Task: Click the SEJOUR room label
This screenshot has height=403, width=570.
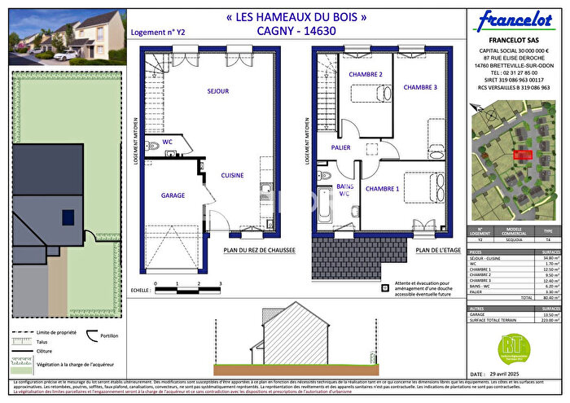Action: [x=217, y=91]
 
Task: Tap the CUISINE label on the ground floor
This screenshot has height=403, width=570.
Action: [x=232, y=175]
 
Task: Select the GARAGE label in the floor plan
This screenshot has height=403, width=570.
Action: [x=173, y=195]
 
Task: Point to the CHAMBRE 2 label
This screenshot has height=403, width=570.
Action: [x=366, y=75]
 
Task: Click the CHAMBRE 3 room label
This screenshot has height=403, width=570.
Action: [x=420, y=88]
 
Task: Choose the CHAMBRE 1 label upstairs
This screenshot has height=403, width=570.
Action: [x=382, y=189]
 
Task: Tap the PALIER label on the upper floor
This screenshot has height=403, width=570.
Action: [x=340, y=147]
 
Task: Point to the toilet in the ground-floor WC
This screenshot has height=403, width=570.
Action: [x=152, y=147]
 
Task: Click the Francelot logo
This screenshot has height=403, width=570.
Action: [x=513, y=20]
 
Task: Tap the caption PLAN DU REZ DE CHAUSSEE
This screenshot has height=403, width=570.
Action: [x=259, y=252]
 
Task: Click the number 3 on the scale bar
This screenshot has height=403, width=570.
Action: [x=221, y=283]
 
